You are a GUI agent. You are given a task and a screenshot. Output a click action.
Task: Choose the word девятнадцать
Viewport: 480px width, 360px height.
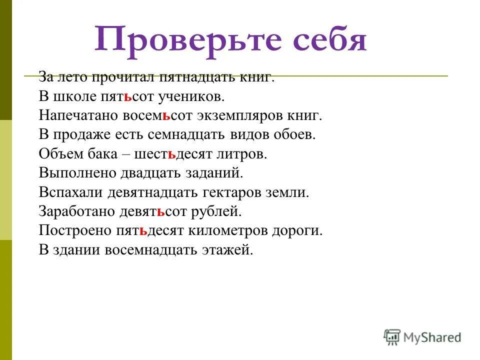[177, 192]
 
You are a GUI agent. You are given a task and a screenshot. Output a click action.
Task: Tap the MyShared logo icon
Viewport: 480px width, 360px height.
[392, 337]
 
